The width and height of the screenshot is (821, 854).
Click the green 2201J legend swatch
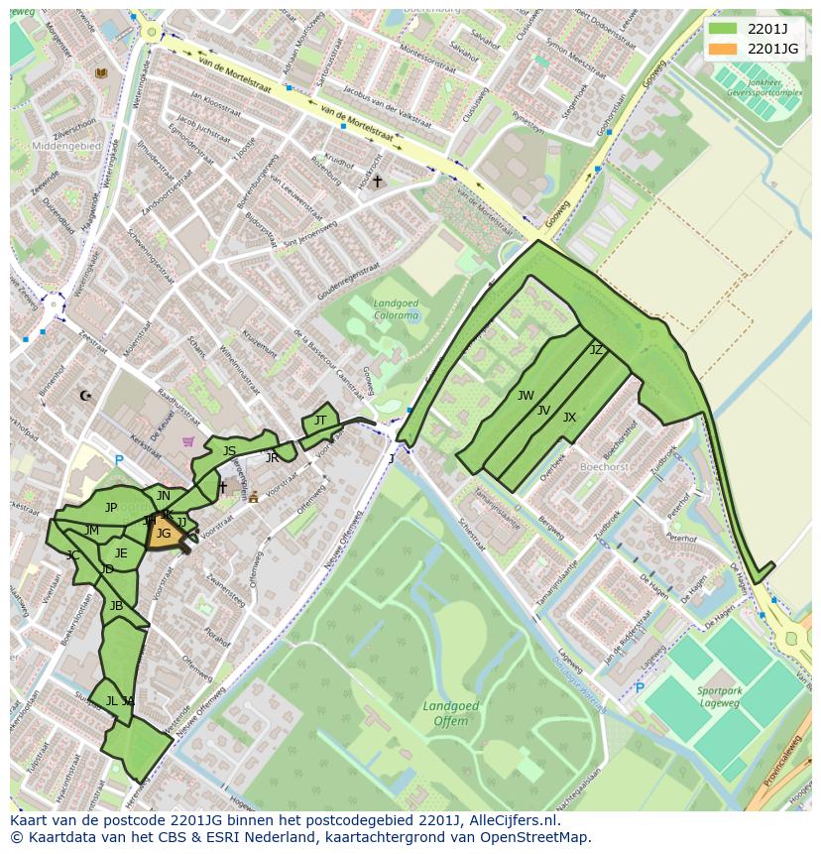724,28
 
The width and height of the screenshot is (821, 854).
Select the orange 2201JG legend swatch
724,48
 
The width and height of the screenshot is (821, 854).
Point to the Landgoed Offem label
451,714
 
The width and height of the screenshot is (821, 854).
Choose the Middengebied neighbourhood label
65,145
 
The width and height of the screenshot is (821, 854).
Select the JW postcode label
526,396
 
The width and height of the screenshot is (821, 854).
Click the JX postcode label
569,418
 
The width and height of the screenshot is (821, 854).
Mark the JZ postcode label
596,350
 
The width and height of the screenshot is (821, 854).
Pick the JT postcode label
319,421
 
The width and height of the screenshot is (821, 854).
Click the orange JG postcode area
164,535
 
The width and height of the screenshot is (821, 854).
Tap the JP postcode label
111,508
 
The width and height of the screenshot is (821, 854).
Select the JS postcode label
229,451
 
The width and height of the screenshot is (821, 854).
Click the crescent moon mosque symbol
85,396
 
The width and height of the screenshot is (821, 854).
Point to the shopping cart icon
188,441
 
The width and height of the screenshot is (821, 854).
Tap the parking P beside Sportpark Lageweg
639,687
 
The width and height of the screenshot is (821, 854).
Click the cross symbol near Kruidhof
377,182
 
